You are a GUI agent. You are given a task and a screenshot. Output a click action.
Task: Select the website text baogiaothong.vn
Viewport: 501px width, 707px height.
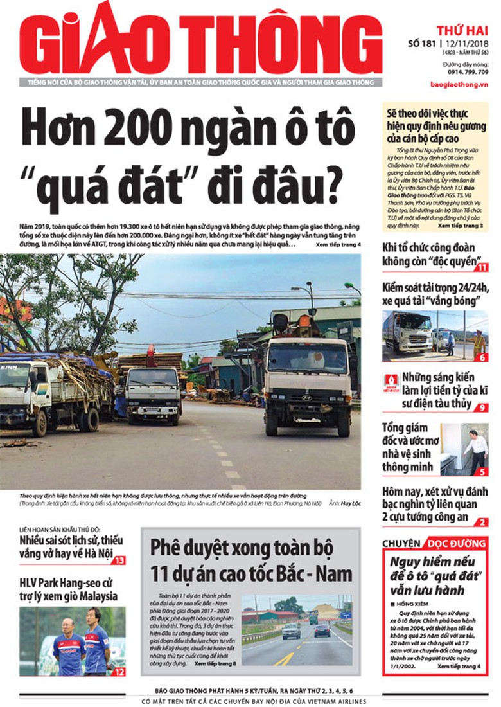coord(459,85)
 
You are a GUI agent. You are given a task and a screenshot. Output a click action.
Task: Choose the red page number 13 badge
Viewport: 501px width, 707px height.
coord(120,560)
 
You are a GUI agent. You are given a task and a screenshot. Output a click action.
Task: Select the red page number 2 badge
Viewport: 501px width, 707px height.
coord(482,523)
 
